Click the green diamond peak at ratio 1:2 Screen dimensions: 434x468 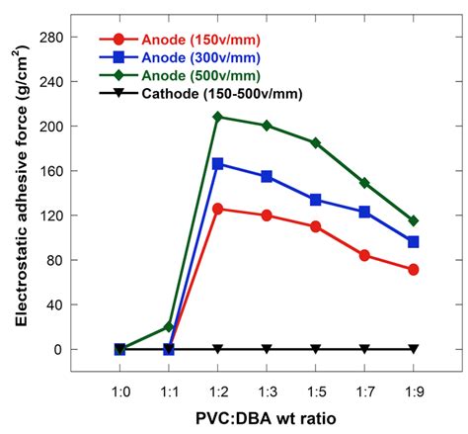(x=218, y=117)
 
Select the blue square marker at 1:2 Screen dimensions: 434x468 (x=218, y=163)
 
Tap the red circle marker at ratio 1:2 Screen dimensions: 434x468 (x=218, y=209)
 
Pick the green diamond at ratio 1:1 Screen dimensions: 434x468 (x=169, y=326)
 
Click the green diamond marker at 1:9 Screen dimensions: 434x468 (x=414, y=220)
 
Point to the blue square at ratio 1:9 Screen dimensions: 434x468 (x=414, y=241)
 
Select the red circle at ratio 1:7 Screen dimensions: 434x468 (x=364, y=255)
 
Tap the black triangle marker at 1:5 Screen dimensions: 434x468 (x=316, y=349)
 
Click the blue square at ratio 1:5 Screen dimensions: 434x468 (x=316, y=200)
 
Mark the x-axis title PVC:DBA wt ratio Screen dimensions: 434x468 (x=266, y=419)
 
